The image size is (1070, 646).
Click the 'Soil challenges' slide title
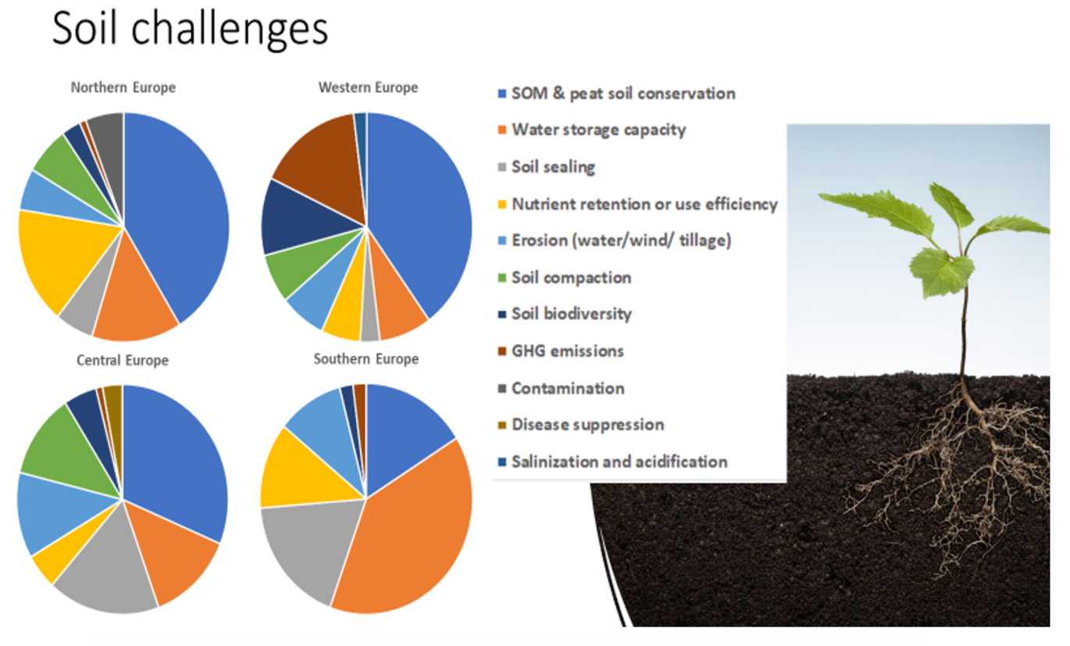coord(190,30)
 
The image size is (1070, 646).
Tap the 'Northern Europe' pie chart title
coord(123,87)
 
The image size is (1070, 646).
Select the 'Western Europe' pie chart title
coord(369,87)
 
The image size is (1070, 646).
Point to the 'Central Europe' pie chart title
coord(123,360)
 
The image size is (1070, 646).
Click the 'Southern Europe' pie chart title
coord(366,359)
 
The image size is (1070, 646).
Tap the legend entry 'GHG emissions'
coord(561,352)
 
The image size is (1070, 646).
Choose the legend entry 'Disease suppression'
coord(581,425)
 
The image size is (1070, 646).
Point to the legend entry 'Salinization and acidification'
coord(612,462)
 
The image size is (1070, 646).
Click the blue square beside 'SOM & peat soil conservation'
coord(502,94)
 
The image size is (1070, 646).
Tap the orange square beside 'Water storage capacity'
coord(502,130)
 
